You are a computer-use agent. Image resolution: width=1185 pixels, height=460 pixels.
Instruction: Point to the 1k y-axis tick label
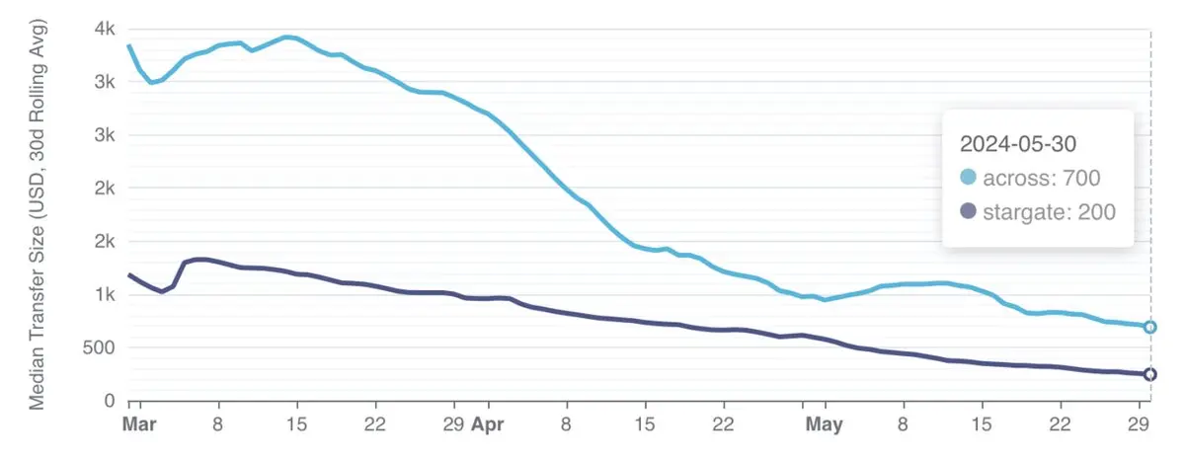pos(102,294)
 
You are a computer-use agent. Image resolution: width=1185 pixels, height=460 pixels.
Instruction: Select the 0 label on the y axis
pos(109,401)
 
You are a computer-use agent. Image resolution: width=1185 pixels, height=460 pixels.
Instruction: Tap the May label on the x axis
pos(824,425)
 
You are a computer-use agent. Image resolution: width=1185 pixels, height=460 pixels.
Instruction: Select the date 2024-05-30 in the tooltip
pos(1020,143)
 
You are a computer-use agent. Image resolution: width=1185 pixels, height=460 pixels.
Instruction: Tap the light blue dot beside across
pos(968,178)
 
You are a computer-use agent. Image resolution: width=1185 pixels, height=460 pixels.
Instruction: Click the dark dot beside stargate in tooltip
pos(968,211)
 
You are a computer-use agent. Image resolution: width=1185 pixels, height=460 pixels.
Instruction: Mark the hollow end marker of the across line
pos(1150,327)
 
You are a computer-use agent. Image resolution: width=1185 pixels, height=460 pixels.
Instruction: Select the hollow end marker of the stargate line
pos(1150,374)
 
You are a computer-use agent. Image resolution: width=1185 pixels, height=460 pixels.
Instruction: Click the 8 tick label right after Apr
pos(566,425)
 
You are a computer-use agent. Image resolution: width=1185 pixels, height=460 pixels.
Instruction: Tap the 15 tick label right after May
pos(982,425)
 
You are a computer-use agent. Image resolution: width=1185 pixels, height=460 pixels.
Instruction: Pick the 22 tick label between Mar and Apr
pos(374,425)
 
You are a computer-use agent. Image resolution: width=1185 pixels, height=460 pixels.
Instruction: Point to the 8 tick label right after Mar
pos(217,425)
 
